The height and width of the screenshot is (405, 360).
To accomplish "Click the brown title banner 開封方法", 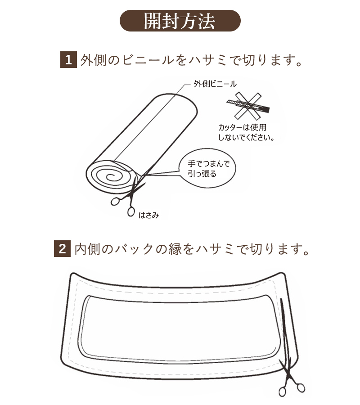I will (x=180, y=21).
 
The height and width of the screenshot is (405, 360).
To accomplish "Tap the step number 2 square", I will (x=62, y=248).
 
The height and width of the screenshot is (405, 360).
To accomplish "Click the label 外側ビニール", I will (x=215, y=84).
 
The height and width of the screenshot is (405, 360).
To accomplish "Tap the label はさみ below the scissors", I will (x=148, y=215).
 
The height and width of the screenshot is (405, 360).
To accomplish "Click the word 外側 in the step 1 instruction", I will (x=95, y=60).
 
